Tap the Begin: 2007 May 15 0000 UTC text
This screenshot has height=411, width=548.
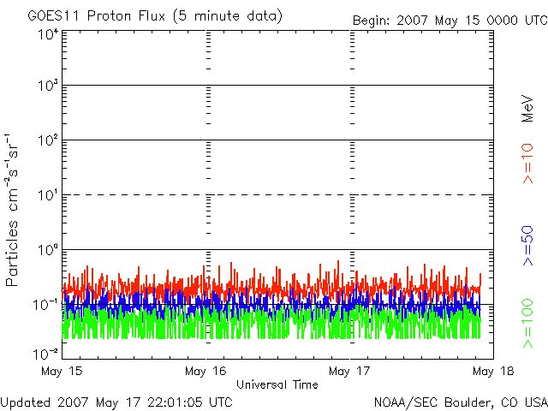click(449, 20)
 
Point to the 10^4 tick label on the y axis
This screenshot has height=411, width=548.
click(47, 34)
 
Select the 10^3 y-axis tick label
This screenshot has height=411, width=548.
click(47, 86)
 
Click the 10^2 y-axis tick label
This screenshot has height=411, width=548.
click(47, 140)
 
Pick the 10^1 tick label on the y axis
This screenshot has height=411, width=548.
click(47, 195)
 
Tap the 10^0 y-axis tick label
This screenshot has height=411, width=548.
click(47, 250)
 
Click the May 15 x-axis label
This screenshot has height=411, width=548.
click(61, 372)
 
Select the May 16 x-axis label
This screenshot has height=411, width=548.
click(205, 372)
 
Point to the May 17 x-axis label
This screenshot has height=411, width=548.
click(350, 372)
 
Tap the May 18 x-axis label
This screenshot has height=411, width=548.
click(493, 372)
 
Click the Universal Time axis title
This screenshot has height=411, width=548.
click(277, 385)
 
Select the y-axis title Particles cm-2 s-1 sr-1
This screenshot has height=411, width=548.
click(14, 210)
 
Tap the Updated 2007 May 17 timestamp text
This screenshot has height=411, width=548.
click(116, 401)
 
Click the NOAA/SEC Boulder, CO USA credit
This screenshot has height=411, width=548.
click(460, 401)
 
